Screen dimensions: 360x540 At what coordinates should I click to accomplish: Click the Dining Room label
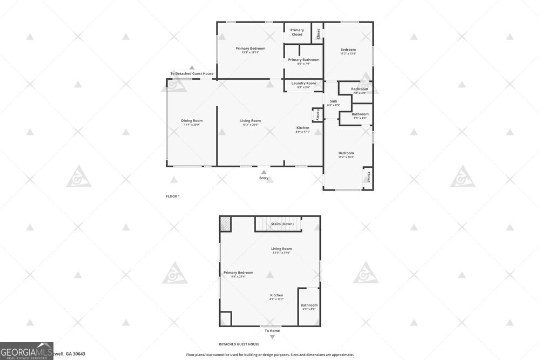pos(192,121)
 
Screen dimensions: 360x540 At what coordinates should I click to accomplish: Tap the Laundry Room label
pos(303,84)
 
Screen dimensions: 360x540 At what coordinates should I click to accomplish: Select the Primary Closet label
pos(297,32)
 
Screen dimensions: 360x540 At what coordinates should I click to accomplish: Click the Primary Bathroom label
pos(303,60)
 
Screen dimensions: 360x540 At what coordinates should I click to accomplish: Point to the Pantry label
pos(317,114)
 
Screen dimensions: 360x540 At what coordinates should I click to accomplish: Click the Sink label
pos(333,101)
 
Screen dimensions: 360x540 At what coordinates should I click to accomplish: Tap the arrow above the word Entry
pos(264,172)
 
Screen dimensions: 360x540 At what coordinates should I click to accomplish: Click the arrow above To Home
pos(272,337)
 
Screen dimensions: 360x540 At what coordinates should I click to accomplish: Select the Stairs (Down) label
pos(282,223)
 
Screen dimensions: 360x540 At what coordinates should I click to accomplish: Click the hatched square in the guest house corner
pos(225,223)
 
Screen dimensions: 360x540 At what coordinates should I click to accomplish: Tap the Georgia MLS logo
pos(26,351)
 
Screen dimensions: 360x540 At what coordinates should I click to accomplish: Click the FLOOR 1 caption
pos(173,196)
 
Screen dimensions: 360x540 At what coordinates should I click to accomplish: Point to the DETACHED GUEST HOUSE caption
pos(239,344)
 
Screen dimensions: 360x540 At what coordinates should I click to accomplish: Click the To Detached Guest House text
pos(192,74)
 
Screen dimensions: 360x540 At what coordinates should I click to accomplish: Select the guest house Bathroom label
pos(309,305)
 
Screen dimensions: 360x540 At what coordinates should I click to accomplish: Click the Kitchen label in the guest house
pos(276,295)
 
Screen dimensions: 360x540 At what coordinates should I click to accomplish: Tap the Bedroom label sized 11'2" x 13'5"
pos(348,50)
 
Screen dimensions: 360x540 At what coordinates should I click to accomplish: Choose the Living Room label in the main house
pos(251,121)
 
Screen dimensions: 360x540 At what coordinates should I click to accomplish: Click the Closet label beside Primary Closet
pos(318,33)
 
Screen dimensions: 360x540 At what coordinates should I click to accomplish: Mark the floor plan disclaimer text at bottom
pos(269,355)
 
